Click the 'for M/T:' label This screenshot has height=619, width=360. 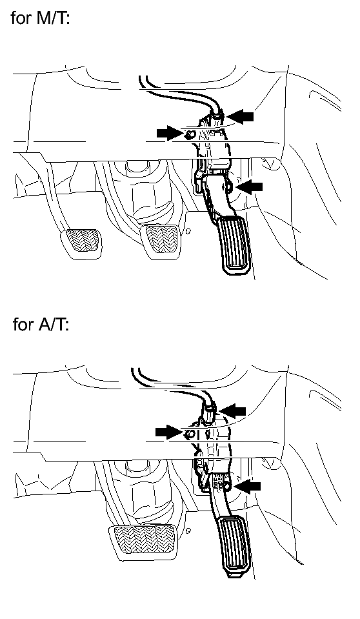[x=41, y=18]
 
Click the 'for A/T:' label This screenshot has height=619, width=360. [x=41, y=324]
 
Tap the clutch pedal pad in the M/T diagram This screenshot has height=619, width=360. [x=81, y=243]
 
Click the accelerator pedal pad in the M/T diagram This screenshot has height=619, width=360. [x=235, y=245]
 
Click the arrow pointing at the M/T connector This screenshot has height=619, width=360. [x=241, y=116]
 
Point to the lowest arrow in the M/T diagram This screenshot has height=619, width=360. [x=250, y=187]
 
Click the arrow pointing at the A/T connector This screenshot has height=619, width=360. [x=232, y=411]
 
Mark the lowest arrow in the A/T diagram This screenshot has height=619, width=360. [x=248, y=487]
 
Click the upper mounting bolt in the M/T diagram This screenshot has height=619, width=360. [x=190, y=135]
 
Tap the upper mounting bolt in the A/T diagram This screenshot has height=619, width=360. [x=189, y=434]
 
